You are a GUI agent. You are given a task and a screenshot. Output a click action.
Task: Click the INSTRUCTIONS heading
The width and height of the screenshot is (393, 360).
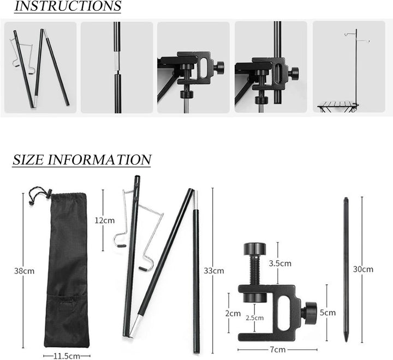point(68,6)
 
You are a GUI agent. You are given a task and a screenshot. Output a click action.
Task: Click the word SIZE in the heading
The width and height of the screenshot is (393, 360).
point(28,160)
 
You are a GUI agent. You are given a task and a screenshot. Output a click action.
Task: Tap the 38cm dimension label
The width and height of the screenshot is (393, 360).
point(25,271)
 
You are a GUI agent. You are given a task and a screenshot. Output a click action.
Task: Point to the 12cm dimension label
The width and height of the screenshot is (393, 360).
point(105,220)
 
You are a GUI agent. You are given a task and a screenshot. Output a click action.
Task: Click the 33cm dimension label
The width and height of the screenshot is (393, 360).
point(214,271)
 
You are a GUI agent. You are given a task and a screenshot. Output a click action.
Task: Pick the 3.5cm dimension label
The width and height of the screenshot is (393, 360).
point(280,263)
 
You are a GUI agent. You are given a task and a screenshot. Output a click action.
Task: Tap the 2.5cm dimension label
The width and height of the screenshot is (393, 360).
point(255,317)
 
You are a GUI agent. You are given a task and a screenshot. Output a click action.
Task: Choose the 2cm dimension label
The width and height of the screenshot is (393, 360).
point(233,313)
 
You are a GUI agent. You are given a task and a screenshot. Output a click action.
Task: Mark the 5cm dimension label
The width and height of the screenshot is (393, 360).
point(327,313)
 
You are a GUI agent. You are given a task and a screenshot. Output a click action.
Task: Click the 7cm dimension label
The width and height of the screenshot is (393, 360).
point(278,350)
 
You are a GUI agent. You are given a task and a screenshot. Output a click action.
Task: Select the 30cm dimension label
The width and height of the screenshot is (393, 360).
point(363,269)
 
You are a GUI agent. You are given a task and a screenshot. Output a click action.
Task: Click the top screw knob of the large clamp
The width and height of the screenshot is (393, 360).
point(255,248)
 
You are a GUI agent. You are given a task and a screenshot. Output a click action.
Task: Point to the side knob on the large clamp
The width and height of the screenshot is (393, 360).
point(311,311)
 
